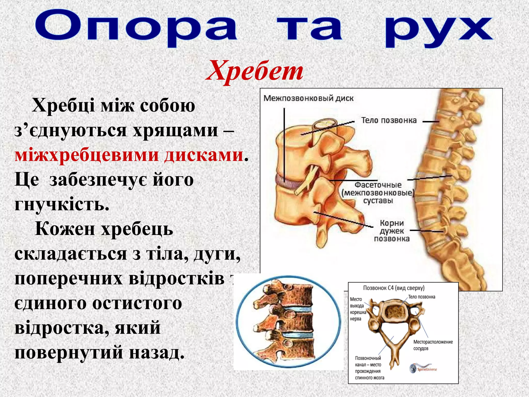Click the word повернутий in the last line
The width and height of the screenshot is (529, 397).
69,353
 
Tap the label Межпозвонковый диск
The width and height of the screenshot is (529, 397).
308,98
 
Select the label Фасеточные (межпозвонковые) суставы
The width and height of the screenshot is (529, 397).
378,193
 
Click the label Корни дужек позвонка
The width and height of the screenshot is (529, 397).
392,231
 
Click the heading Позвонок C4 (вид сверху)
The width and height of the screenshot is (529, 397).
394,288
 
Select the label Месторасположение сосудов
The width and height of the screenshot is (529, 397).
433,345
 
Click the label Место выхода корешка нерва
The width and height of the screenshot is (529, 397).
358,309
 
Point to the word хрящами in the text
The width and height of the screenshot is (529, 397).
175,130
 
